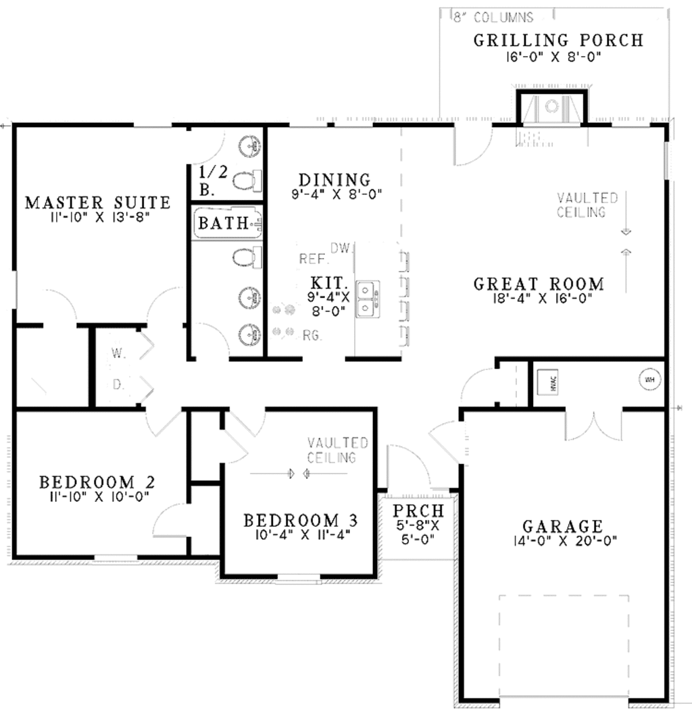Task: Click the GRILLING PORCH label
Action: tap(558, 40)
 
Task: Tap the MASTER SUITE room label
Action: tap(97, 202)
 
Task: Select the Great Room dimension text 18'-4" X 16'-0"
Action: tap(539, 299)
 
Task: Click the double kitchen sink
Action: tap(368, 299)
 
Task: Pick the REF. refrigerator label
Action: tap(313, 259)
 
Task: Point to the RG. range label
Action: tap(312, 334)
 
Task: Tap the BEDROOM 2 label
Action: tap(97, 482)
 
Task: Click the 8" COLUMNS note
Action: tap(493, 18)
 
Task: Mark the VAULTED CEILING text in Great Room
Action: tap(587, 205)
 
